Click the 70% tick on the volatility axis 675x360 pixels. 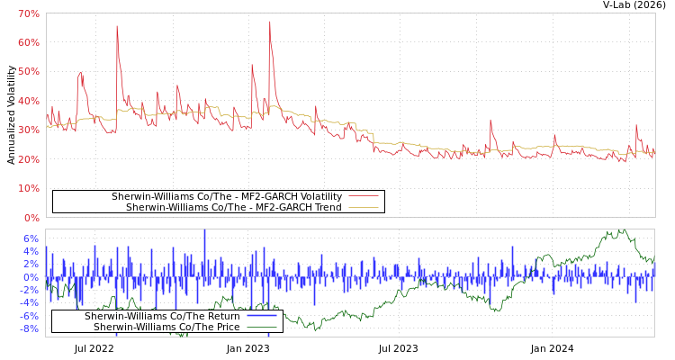28,13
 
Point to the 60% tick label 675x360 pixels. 28,42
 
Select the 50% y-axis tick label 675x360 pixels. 28,72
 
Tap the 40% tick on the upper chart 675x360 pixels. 28,101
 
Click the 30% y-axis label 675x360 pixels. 28,130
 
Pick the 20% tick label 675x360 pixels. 28,159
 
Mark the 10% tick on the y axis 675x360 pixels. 28,188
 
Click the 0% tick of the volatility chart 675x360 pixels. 31,218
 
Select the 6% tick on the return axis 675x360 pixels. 31,238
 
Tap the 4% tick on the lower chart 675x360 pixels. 31,251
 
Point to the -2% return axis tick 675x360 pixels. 30,290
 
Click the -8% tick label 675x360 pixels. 30,328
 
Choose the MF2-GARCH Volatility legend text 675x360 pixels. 227,196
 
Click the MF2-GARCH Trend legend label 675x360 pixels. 234,207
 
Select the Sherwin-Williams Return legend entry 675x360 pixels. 162,316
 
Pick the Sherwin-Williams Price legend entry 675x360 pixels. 166,327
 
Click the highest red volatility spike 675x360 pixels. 269,22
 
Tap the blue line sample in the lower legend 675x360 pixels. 261,316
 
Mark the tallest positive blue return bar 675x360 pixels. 204,232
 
